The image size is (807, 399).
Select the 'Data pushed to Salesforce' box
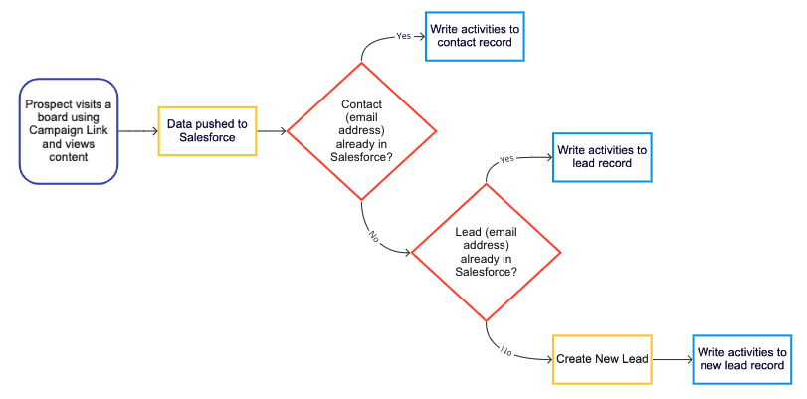click(208, 130)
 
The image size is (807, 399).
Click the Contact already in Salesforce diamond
click(361, 130)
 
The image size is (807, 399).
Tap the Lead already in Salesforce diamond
click(486, 252)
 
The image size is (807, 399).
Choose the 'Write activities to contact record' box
click(473, 36)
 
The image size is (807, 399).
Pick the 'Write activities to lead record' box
click(602, 156)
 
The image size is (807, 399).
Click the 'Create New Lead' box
click(602, 359)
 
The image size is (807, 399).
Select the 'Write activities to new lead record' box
click(742, 359)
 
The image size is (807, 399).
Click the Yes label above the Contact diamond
click(403, 35)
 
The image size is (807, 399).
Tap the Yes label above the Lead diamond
click(506, 157)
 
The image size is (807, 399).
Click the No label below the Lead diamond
click(505, 350)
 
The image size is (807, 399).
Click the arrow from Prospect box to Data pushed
click(138, 130)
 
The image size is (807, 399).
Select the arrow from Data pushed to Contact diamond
click(272, 130)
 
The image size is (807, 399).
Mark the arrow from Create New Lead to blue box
click(672, 359)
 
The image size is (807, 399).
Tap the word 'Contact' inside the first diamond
click(361, 104)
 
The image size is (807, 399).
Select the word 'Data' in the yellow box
click(181, 124)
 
